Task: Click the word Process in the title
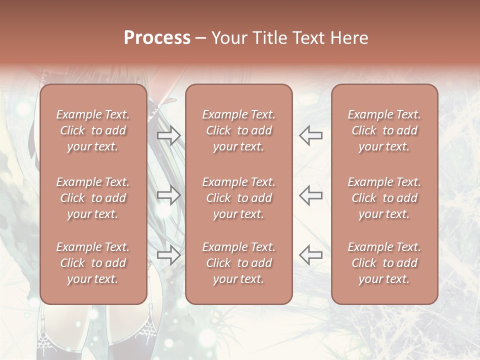click(x=157, y=38)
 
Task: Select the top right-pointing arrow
click(x=169, y=135)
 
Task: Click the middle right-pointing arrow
click(x=169, y=195)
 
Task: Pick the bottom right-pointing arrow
click(x=169, y=255)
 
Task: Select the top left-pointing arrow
click(x=311, y=135)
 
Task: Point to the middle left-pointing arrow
click(x=311, y=195)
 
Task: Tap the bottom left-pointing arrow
click(x=311, y=255)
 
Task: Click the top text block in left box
click(x=93, y=130)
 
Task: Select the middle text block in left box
click(x=93, y=198)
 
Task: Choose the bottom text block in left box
click(x=93, y=263)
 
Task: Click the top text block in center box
click(x=239, y=130)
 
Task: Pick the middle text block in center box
click(x=239, y=198)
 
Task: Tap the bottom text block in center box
click(x=239, y=263)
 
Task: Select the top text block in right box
click(x=384, y=130)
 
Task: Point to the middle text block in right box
click(x=384, y=198)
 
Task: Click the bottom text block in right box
click(x=384, y=263)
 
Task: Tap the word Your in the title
click(x=227, y=38)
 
